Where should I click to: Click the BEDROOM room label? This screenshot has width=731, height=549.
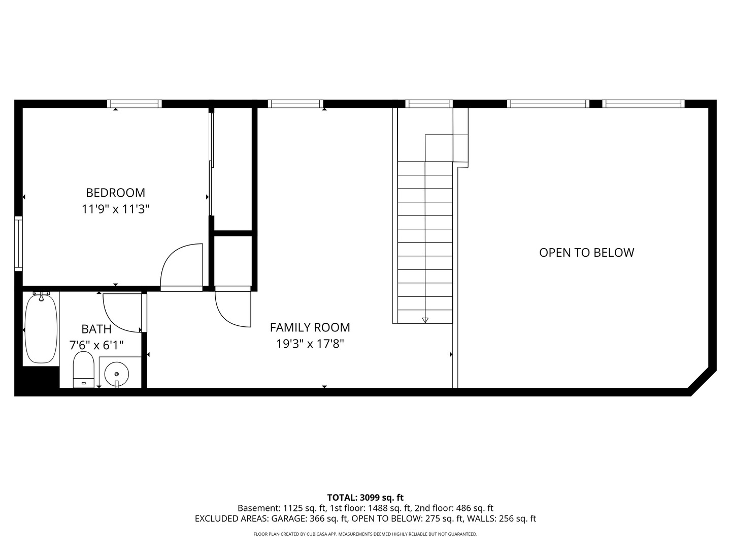pos(115,193)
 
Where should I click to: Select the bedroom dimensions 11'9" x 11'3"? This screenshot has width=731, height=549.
pos(115,209)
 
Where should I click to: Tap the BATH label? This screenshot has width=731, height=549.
pos(96,329)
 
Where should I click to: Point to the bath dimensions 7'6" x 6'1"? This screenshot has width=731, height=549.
pos(96,345)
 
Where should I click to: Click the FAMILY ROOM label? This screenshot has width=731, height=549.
pos(310,327)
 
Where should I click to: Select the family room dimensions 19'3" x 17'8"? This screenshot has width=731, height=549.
pos(310,344)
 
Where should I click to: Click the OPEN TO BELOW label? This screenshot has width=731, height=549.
pos(586,253)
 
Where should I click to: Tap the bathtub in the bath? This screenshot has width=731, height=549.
pos(41,328)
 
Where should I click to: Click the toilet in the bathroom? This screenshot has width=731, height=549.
pos(83,369)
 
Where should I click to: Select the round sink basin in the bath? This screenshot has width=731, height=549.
pos(117,374)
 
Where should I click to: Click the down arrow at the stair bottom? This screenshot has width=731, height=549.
pos(425,320)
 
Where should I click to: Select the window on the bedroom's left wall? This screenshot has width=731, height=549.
pos(18,242)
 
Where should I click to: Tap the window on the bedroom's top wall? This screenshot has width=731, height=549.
pos(135,104)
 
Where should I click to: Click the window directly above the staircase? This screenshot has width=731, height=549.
pos(429,104)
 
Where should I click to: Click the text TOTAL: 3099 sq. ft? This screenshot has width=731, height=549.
pos(365,497)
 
